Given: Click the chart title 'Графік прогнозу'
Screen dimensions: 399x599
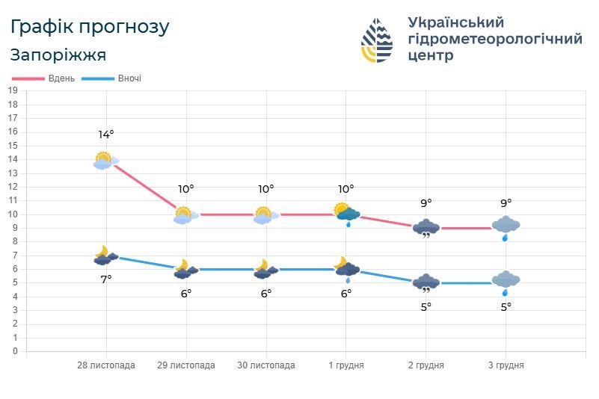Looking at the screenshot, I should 90,27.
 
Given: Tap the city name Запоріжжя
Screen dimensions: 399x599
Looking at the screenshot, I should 58,55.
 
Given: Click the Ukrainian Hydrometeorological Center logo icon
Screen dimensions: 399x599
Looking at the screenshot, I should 376,40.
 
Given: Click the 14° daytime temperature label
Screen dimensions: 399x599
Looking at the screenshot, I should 106,134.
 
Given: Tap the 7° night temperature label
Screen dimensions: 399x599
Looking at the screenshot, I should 106,279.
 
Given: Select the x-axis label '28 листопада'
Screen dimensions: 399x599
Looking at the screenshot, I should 106,365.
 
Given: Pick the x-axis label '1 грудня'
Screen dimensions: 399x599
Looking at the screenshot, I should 346,365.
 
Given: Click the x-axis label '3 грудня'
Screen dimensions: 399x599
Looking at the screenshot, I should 506,365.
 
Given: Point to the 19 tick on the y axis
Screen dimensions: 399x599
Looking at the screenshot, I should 13,90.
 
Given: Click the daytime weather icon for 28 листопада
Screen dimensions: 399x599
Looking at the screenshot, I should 105,161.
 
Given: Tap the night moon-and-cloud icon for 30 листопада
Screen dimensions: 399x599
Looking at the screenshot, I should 265,270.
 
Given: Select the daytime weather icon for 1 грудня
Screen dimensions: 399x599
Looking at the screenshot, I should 345,214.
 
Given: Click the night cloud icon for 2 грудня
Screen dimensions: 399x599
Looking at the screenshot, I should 426,285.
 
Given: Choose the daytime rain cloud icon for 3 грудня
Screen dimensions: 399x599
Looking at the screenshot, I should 506,226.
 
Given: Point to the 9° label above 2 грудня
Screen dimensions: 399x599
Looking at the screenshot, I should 426,202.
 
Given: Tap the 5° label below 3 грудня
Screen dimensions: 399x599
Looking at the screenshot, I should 506,306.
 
